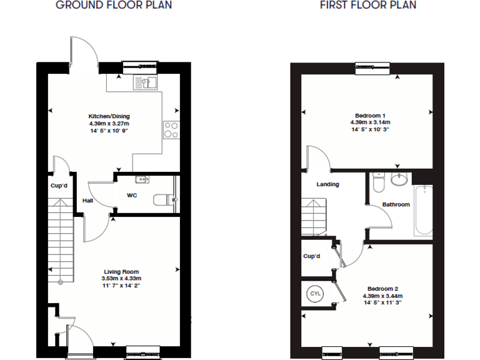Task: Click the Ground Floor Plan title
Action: pos(114,6)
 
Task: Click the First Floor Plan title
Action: pos(368,6)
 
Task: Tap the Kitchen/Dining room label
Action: pos(109,116)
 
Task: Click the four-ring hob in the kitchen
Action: pos(171,130)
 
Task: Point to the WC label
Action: pos(132,196)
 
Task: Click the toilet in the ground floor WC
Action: pos(162,200)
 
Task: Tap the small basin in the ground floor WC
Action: pos(142,180)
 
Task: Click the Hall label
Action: pos(87,201)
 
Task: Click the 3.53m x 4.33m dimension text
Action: pos(121,279)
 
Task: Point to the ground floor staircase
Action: pos(61,241)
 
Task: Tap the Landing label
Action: pos(327,184)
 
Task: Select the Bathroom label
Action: pos(396,204)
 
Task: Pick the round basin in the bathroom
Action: pos(399,180)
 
